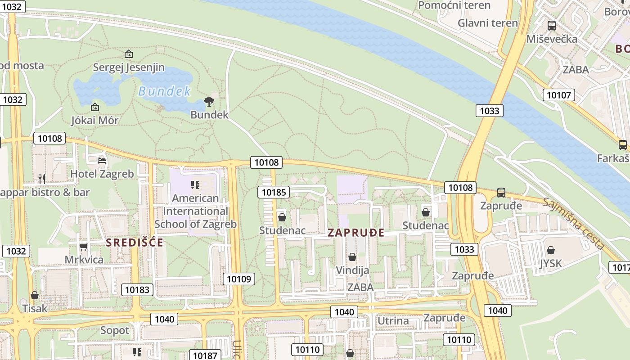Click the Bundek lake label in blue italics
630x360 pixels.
pos(164,91)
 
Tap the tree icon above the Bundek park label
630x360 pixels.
pos(209,102)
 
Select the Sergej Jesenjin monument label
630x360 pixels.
pos(129,67)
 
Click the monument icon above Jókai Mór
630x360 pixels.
pos(94,107)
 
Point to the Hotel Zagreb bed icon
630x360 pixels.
pos(102,160)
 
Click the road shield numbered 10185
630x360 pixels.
pos(274,193)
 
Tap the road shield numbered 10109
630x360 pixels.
pos(239,279)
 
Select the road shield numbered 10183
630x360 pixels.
pos(137,290)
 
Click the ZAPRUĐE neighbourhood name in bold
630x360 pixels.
pos(356,233)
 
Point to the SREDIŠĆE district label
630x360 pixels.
pos(135,243)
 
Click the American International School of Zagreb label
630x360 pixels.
pos(195,211)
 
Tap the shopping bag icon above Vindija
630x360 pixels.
pos(352,257)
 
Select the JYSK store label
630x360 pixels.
pos(551,263)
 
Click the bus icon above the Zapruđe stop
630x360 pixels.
pos(501,193)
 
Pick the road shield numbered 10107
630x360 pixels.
pos(559,95)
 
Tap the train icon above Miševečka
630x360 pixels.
pos(552,26)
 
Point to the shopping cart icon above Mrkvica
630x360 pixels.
pos(83,247)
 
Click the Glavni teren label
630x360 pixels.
pos(487,23)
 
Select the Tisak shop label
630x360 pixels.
pos(35,309)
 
